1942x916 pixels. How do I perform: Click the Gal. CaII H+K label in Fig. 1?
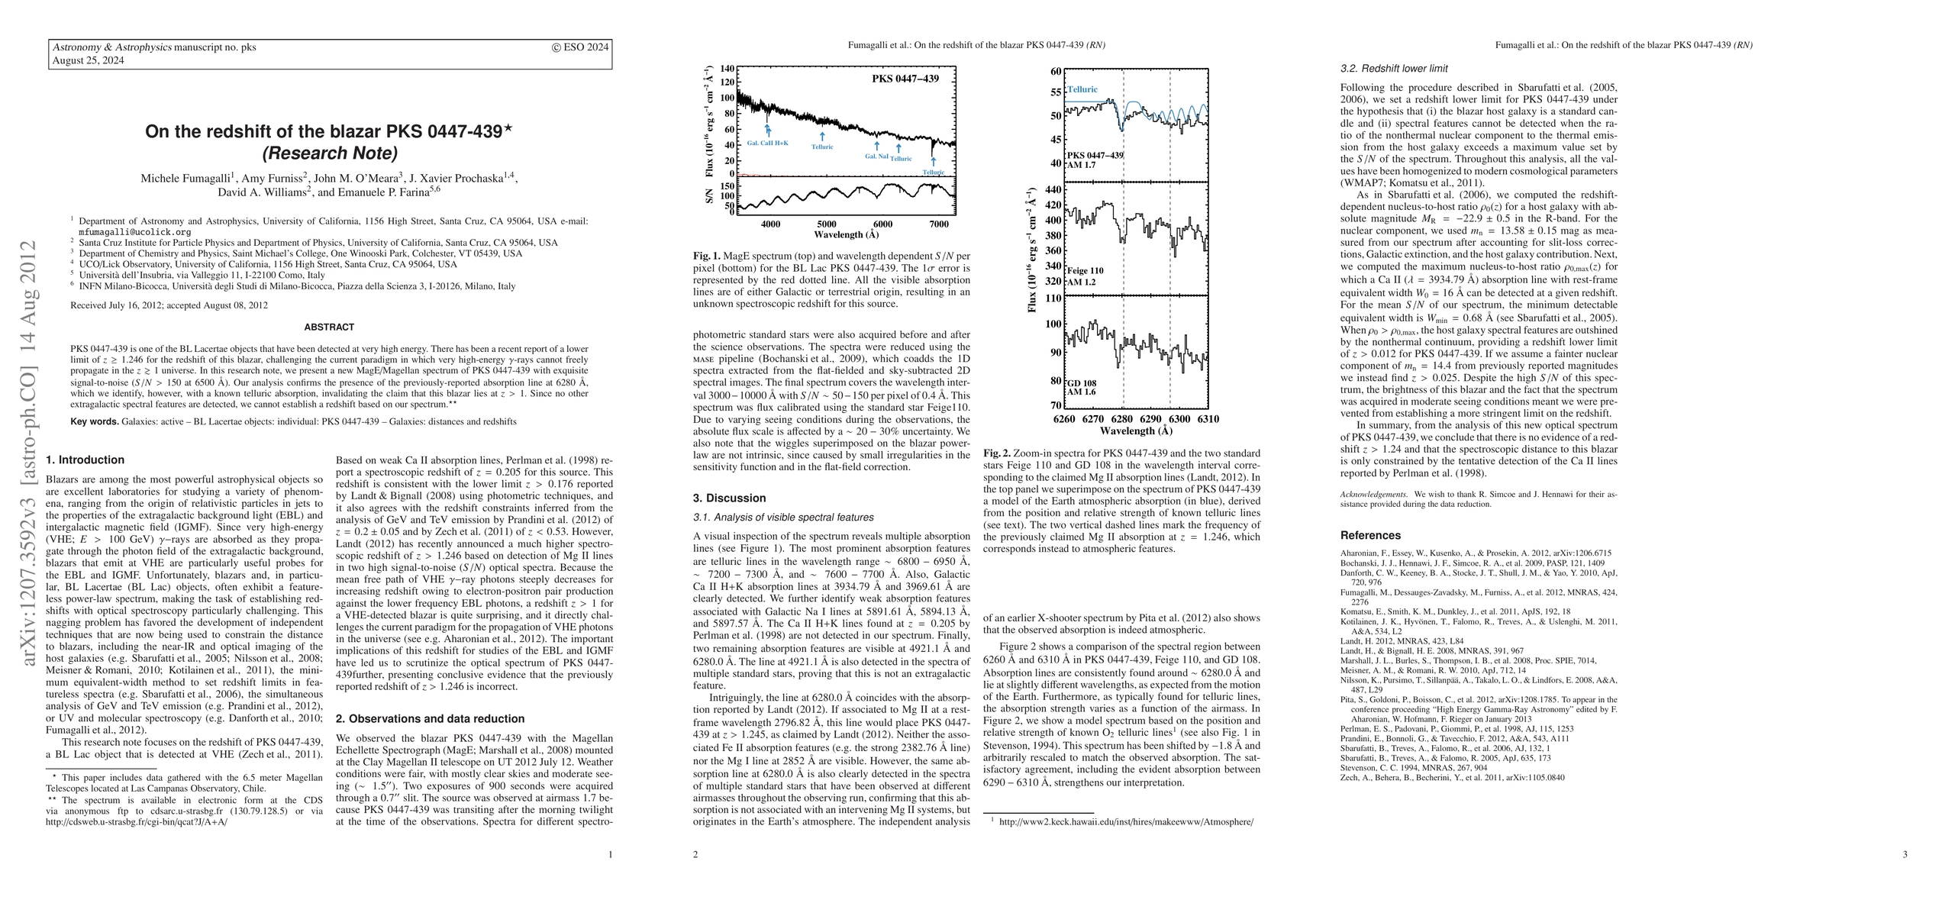tap(767, 143)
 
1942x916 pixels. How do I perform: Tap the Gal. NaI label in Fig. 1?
tap(876, 156)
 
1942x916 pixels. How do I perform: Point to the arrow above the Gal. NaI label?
tap(876, 146)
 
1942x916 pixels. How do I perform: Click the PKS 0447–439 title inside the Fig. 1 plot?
tap(905, 79)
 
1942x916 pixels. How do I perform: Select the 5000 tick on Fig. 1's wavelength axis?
tap(827, 224)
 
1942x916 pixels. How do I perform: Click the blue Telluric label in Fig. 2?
tap(1082, 89)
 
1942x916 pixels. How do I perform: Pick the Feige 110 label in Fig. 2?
tap(1085, 271)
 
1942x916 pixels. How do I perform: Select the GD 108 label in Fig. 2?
tap(1082, 383)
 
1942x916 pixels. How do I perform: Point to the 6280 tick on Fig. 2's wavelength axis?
tap(1122, 419)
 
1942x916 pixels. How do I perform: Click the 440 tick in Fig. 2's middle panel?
tap(1053, 190)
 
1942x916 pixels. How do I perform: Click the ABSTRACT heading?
tap(329, 327)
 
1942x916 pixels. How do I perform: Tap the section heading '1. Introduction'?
tap(85, 460)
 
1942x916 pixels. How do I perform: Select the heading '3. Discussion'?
tap(729, 498)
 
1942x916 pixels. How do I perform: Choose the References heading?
tap(1370, 536)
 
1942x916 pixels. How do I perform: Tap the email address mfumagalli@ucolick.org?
tap(135, 232)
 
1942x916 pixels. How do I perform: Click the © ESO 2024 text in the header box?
tap(580, 47)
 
